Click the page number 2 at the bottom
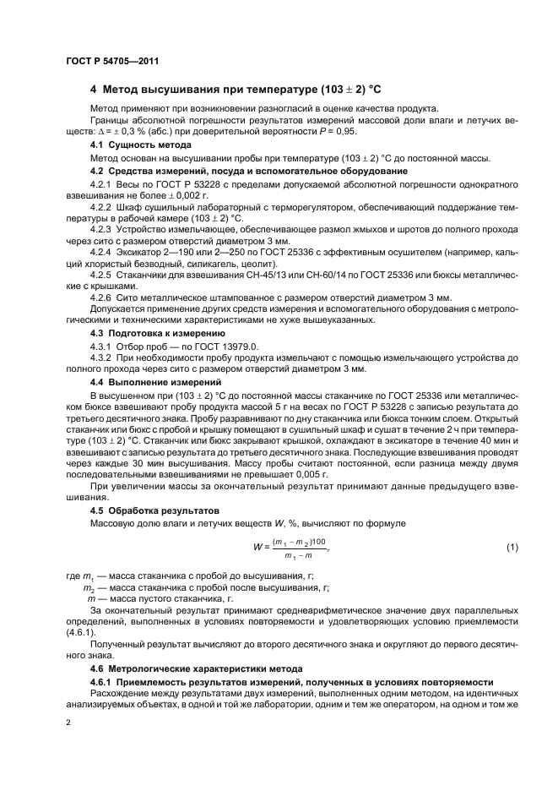point(69,724)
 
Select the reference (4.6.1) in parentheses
point(81,632)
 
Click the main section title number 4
point(94,90)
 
